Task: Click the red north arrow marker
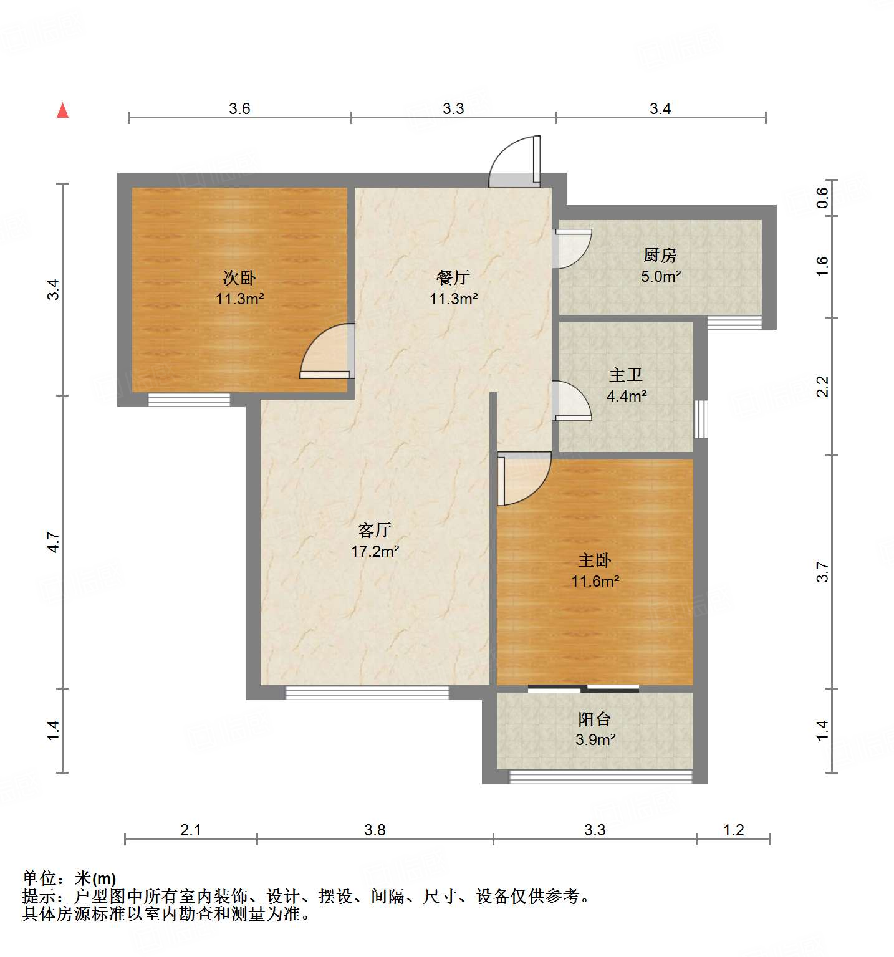pyautogui.click(x=62, y=110)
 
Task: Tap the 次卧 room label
pyautogui.click(x=239, y=277)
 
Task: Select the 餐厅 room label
pyautogui.click(x=453, y=277)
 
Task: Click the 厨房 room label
pyautogui.click(x=660, y=255)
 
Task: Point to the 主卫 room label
pyautogui.click(x=626, y=375)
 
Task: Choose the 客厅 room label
pyautogui.click(x=374, y=530)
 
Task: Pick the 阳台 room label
pyautogui.click(x=594, y=719)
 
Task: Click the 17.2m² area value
pyautogui.click(x=375, y=551)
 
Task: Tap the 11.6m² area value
pyautogui.click(x=595, y=581)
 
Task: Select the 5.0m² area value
pyautogui.click(x=661, y=276)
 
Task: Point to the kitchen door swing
pyautogui.click(x=571, y=248)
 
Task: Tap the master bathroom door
pyautogui.click(x=571, y=401)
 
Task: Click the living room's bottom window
pyautogui.click(x=367, y=692)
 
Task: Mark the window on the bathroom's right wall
pyautogui.click(x=701, y=418)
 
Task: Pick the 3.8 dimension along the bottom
pyautogui.click(x=375, y=830)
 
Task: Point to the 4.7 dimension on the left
pyautogui.click(x=54, y=542)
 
